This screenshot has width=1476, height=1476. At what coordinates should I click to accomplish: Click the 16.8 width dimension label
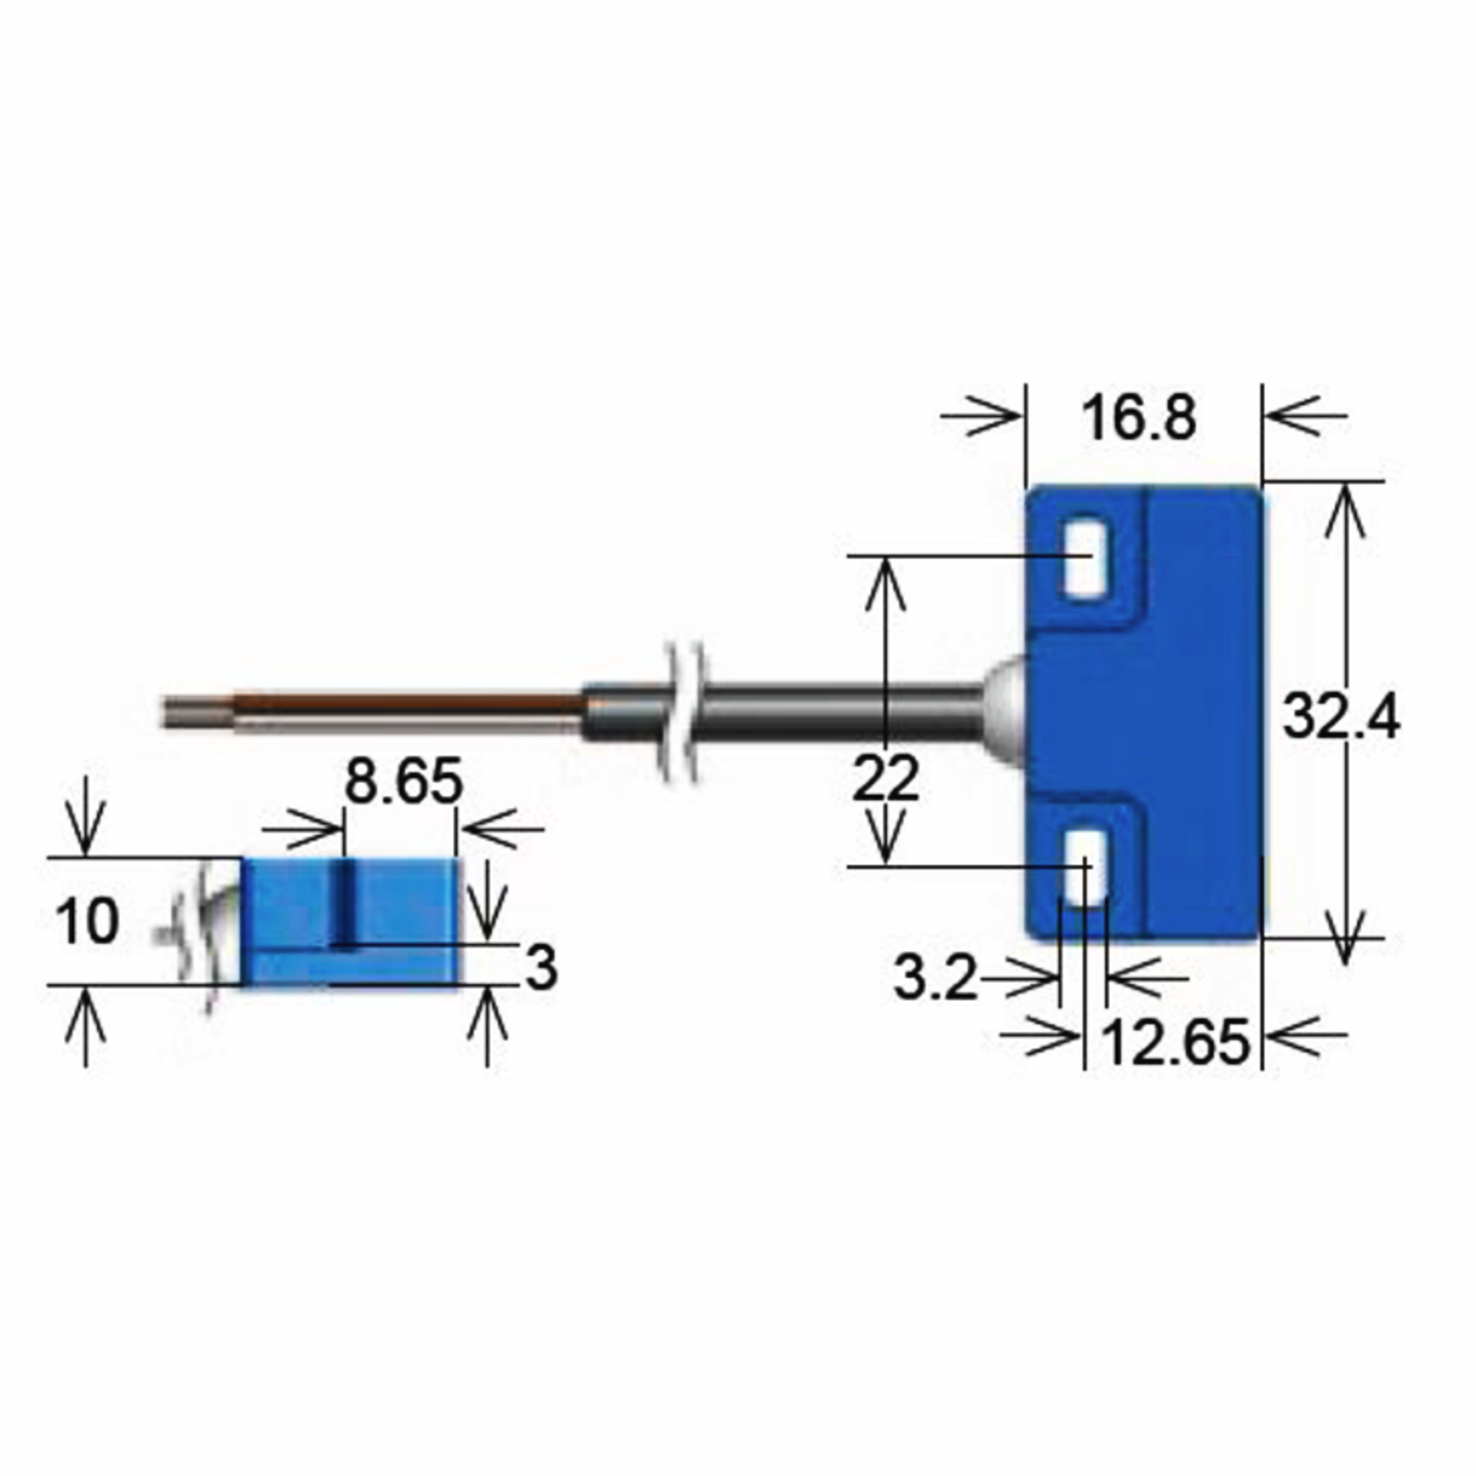(1138, 419)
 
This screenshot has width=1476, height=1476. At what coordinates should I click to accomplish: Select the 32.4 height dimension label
(1341, 716)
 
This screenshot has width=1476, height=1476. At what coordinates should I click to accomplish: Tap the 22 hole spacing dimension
(886, 778)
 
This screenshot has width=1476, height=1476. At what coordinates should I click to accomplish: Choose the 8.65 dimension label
(403, 781)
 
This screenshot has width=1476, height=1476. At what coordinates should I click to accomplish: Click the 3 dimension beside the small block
(541, 968)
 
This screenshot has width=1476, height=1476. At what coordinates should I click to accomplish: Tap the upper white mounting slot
(1085, 558)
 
